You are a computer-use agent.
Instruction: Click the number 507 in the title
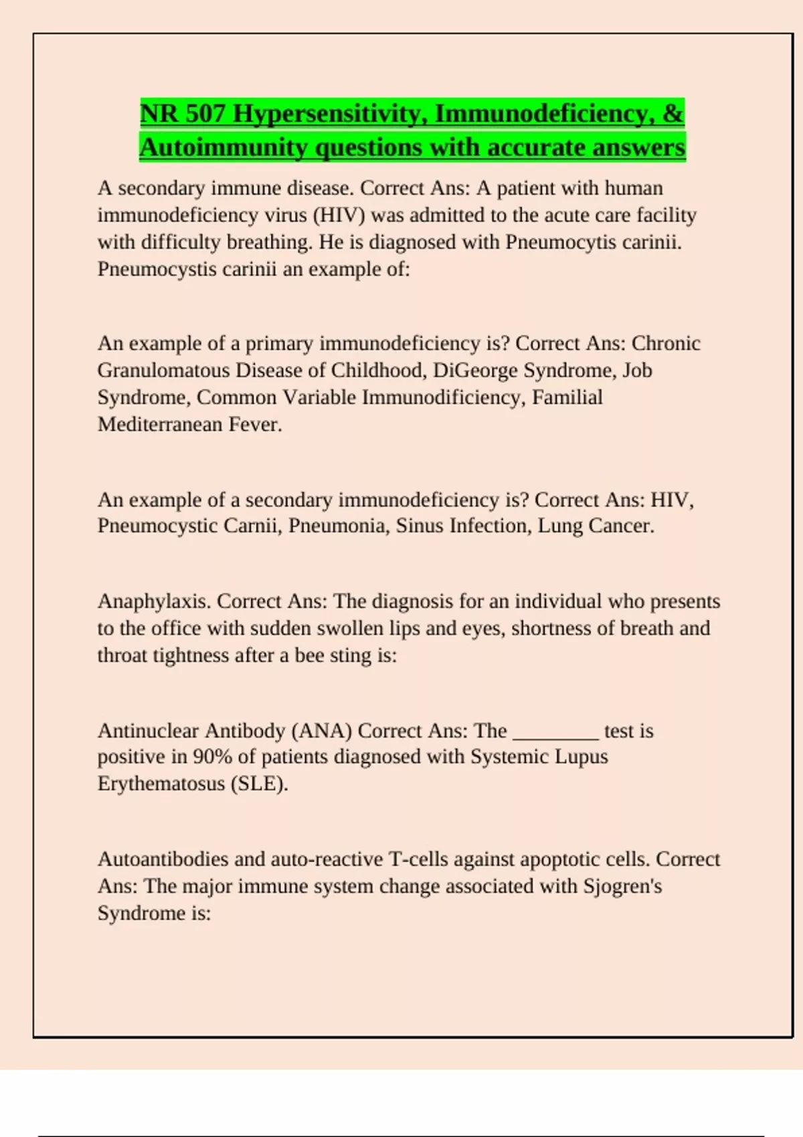click(205, 114)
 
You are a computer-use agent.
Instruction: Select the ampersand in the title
click(673, 114)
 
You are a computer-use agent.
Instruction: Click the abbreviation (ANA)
click(322, 730)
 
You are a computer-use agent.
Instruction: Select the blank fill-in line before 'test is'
click(555, 736)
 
